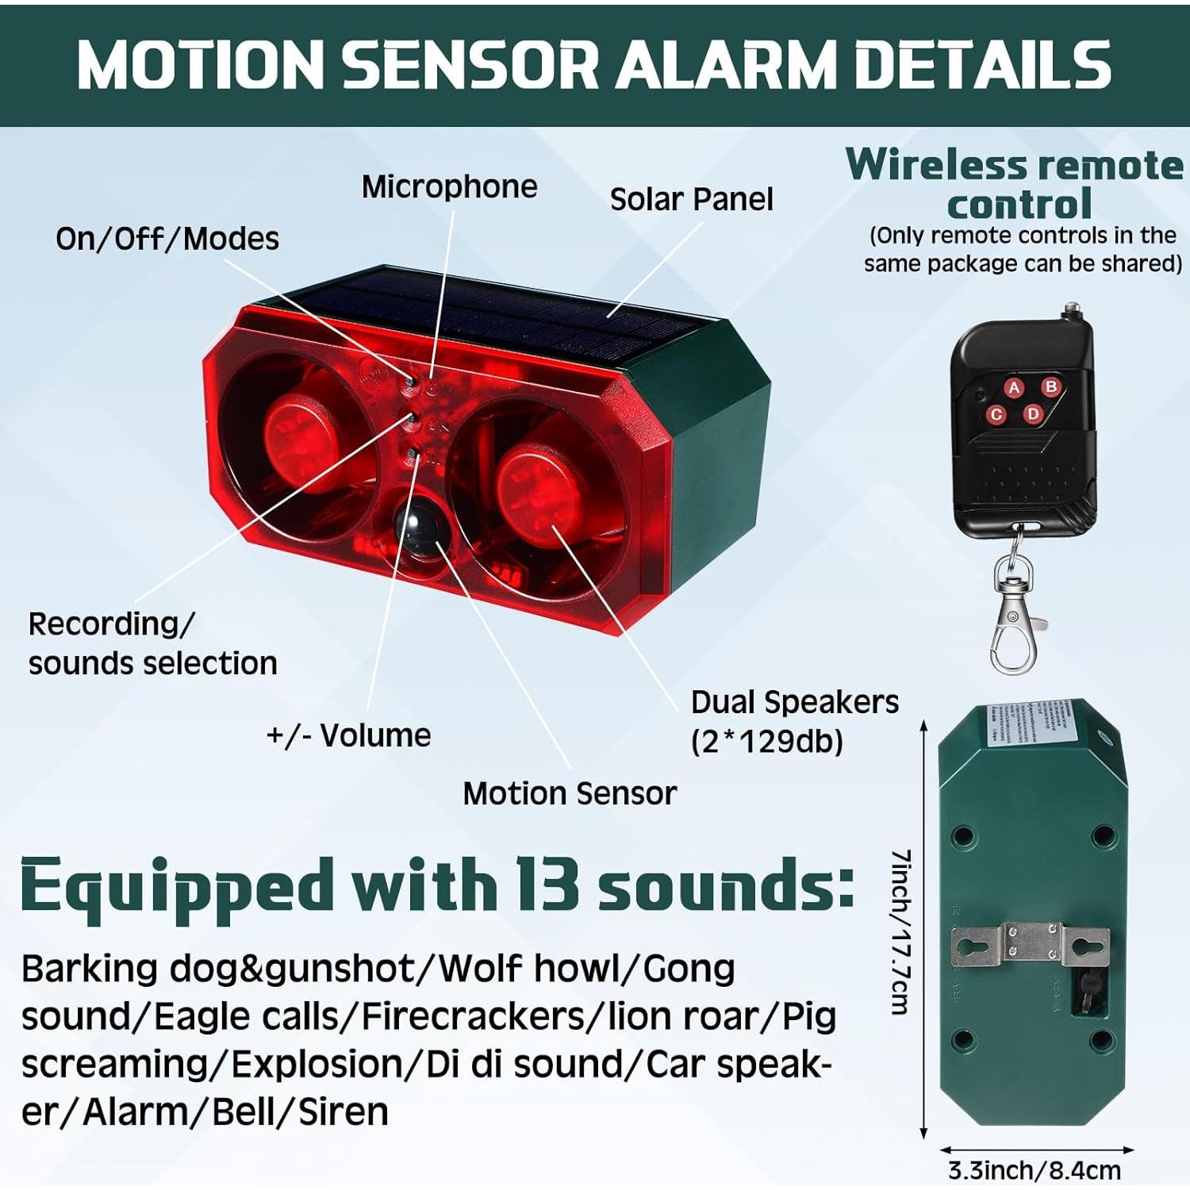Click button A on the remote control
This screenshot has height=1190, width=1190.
click(x=1014, y=388)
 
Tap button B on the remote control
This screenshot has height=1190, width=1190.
click(x=1051, y=386)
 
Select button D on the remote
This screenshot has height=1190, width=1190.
click(x=1033, y=413)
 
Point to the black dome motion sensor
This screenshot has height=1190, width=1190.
click(x=418, y=526)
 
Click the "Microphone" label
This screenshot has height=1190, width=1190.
click(x=449, y=187)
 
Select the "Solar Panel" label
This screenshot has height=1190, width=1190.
click(x=691, y=200)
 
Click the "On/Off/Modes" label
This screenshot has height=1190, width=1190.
click(x=167, y=239)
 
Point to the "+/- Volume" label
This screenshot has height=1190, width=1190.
click(x=348, y=735)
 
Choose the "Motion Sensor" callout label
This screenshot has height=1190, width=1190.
click(x=570, y=793)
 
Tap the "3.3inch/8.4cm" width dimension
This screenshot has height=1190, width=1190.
click(x=1035, y=1170)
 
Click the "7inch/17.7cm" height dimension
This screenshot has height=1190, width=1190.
click(x=900, y=932)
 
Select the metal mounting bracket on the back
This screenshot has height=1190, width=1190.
click(x=1031, y=944)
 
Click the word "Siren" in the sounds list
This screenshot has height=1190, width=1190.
click(x=343, y=1111)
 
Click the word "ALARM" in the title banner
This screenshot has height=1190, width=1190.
click(x=725, y=65)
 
